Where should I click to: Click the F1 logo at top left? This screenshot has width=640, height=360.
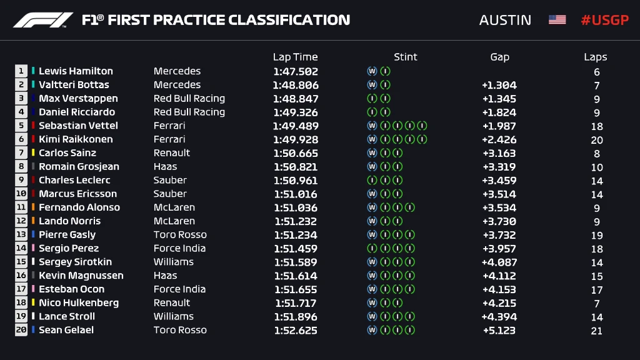pyautogui.click(x=42, y=20)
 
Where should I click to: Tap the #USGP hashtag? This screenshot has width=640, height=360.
pyautogui.click(x=604, y=20)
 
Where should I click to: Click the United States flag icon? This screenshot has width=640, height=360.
pyautogui.click(x=557, y=20)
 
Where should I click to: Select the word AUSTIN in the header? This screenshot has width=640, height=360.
pyautogui.click(x=505, y=20)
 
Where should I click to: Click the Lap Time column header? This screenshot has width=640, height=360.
pyautogui.click(x=295, y=57)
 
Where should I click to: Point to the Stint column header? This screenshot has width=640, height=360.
pyautogui.click(x=405, y=57)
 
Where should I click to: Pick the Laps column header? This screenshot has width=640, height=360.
pyautogui.click(x=595, y=57)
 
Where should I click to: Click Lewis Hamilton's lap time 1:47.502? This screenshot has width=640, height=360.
pyautogui.click(x=296, y=72)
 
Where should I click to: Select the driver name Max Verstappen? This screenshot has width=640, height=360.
pyautogui.click(x=78, y=99)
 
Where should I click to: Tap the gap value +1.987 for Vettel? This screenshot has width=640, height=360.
pyautogui.click(x=499, y=126)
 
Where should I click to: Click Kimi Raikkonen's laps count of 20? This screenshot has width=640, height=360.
pyautogui.click(x=597, y=140)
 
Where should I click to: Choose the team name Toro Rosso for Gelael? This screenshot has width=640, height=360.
pyautogui.click(x=180, y=330)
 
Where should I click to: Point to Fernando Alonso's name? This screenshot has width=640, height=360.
pyautogui.click(x=79, y=207)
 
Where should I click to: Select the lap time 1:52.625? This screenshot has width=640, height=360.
pyautogui.click(x=296, y=331)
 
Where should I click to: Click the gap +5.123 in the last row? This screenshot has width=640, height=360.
pyautogui.click(x=499, y=331)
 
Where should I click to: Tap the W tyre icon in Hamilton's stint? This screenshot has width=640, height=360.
pyautogui.click(x=372, y=71)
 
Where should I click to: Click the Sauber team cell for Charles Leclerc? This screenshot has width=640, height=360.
pyautogui.click(x=170, y=180)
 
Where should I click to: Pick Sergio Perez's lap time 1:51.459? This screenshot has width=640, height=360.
pyautogui.click(x=296, y=249)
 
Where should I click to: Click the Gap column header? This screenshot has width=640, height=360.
pyautogui.click(x=499, y=57)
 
